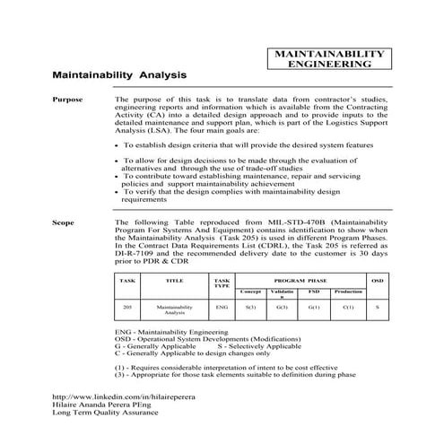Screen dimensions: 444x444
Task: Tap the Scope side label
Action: point(64,219)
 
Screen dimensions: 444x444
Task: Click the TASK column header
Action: point(127,281)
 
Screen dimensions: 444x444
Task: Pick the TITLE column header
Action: point(175,281)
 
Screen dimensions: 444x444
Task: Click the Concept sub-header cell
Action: point(250,292)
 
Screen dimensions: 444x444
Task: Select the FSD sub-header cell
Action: point(313,292)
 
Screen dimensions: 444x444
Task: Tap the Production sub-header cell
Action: point(347,292)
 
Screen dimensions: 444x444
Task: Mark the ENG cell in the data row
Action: point(222,308)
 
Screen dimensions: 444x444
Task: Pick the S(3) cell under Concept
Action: point(250,308)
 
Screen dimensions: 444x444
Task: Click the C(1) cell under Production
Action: point(347,308)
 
